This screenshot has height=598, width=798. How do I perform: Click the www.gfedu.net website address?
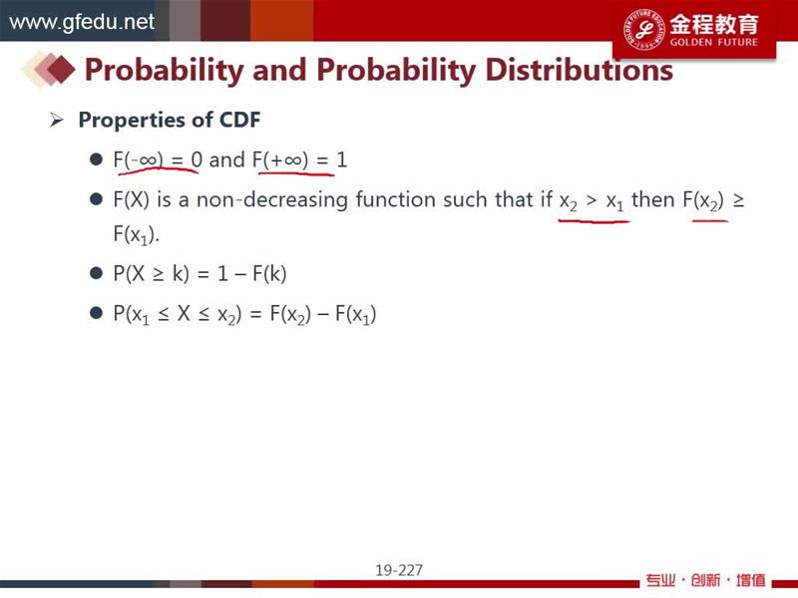[x=82, y=22]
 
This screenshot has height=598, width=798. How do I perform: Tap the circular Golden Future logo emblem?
[x=644, y=30]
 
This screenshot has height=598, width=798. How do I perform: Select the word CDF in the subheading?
[x=239, y=120]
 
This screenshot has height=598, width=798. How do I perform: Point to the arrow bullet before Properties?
[x=57, y=121]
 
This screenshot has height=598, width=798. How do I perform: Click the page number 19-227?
[x=399, y=570]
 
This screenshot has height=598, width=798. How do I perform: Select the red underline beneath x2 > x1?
[x=594, y=221]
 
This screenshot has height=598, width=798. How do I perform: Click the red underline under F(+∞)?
[x=296, y=173]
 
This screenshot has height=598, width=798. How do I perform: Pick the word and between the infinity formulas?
[x=227, y=160]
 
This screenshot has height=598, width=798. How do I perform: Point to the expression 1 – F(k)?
[x=252, y=273]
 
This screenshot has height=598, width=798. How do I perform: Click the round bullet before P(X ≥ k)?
[x=96, y=273]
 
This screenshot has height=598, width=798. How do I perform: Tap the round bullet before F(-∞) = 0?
[x=96, y=159]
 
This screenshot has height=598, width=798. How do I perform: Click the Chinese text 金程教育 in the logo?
[x=714, y=23]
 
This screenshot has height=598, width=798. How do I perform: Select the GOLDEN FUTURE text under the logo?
[x=713, y=42]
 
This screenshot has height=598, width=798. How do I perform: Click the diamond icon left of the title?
[x=49, y=69]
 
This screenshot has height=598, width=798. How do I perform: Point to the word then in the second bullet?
[x=653, y=199]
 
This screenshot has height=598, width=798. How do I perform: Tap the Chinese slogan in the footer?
[x=705, y=580]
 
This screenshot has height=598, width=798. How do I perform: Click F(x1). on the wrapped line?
[x=137, y=234]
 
